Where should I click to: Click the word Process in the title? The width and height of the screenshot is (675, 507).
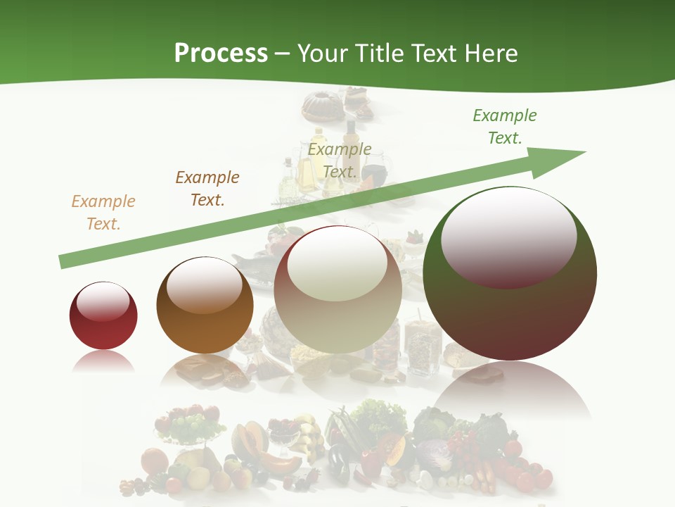click(221, 54)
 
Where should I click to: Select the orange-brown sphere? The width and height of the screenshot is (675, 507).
click(205, 324)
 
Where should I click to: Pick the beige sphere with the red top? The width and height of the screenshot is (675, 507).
click(337, 317)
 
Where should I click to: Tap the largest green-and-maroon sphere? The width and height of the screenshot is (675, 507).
click(510, 317)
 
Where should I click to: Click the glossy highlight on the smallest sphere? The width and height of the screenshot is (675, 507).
click(103, 302)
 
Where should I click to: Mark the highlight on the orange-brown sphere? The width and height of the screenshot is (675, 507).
click(205, 285)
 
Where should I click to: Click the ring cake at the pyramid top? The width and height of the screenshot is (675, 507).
click(321, 105)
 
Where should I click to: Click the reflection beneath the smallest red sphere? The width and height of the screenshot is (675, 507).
click(103, 362)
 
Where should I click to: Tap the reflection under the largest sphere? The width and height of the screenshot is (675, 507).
click(510, 391)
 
